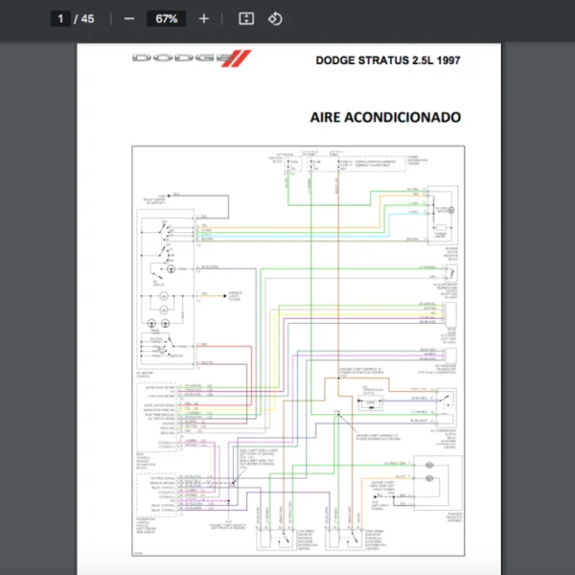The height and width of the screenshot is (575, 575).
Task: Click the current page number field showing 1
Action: tap(60, 18)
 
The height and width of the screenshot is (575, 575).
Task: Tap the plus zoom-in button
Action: tap(203, 18)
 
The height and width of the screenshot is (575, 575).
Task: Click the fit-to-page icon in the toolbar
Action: tap(245, 18)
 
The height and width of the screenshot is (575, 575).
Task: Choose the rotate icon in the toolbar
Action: tap(275, 18)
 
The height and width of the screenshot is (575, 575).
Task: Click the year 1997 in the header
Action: tap(448, 59)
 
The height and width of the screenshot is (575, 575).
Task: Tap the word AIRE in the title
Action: tap(328, 117)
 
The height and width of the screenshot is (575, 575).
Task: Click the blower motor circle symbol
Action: tap(451, 209)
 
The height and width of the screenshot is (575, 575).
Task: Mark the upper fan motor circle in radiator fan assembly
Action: tap(430, 467)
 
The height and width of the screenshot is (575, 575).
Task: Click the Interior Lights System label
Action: tap(235, 298)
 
